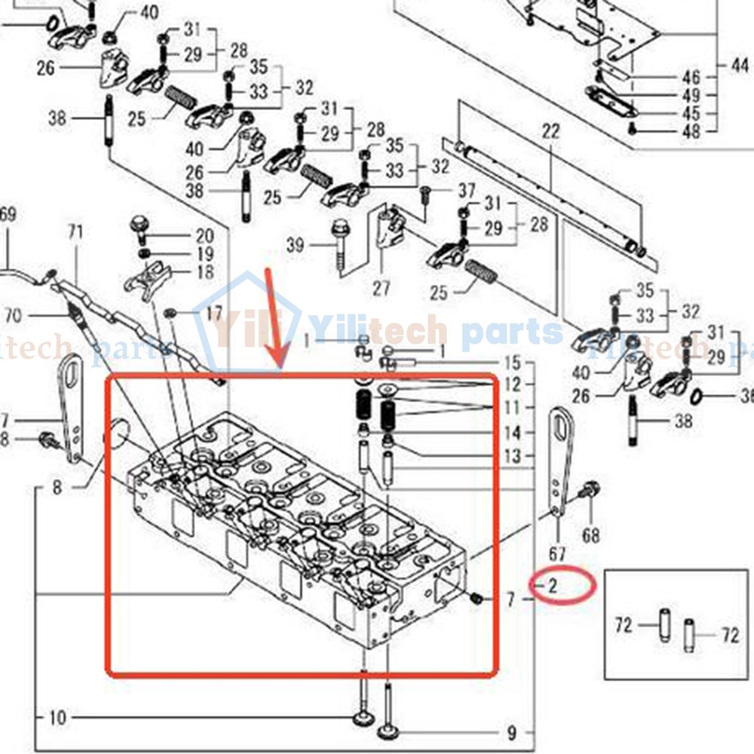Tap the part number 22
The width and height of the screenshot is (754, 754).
click(x=550, y=131)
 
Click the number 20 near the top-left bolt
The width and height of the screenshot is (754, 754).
click(x=205, y=234)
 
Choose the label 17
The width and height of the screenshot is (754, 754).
click(x=214, y=311)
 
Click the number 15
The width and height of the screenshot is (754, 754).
click(x=513, y=362)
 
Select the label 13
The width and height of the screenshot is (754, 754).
click(x=513, y=455)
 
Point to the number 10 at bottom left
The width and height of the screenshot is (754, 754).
click(x=58, y=717)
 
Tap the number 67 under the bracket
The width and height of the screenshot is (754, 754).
click(x=557, y=554)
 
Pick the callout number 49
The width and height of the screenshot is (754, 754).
click(x=691, y=96)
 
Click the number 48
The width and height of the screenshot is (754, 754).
click(x=691, y=131)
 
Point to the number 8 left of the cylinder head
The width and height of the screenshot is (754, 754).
click(x=57, y=488)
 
